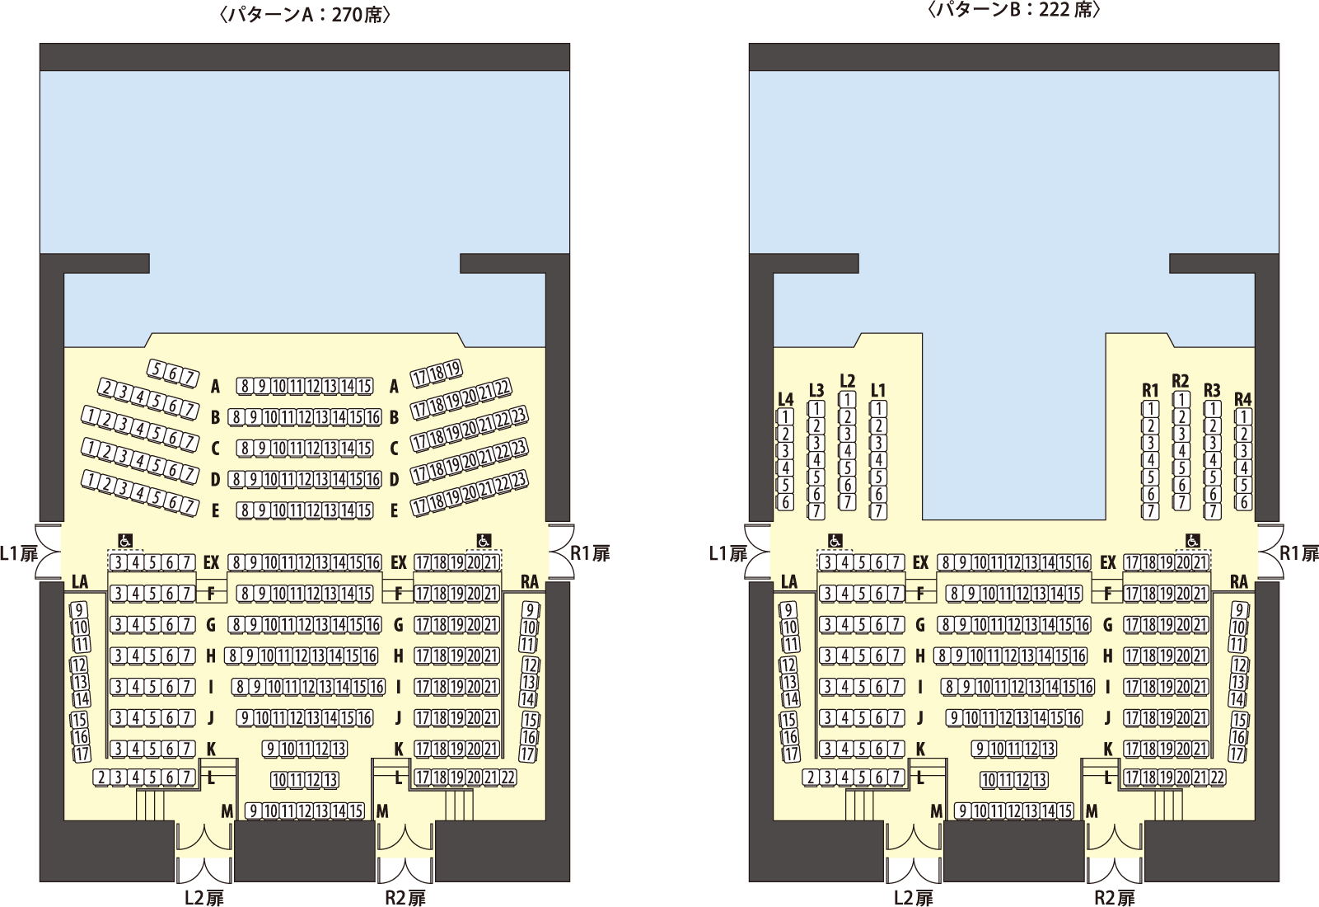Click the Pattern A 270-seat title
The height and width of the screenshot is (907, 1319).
point(306,14)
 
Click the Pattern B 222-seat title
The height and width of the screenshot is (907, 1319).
point(1014,11)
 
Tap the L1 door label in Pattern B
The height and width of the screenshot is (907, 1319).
point(728,553)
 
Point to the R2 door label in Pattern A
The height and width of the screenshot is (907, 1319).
point(405,897)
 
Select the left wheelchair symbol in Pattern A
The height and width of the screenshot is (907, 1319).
point(125,541)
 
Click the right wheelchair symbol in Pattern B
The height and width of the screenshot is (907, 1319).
point(1192,541)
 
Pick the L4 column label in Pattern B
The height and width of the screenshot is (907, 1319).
point(785,399)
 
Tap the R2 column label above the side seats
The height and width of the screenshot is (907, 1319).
point(1181,381)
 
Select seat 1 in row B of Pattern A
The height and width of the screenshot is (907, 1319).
point(89,416)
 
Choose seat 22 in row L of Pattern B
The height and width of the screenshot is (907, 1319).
point(1217,778)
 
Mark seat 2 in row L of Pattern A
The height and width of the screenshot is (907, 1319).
point(101,778)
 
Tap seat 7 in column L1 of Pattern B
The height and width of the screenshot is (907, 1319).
point(879,511)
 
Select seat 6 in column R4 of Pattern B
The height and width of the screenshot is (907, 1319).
point(1243,502)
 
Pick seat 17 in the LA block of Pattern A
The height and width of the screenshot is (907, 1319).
point(82,754)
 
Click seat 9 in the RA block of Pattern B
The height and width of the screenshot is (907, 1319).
point(1240,610)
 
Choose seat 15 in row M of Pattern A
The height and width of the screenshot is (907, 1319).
point(355,811)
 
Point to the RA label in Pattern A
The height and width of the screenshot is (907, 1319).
point(530,582)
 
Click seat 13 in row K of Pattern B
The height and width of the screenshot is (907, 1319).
point(1048,750)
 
